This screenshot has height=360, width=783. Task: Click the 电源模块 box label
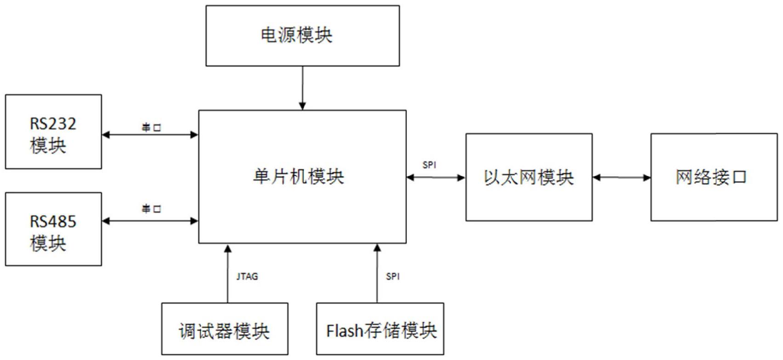tap(297, 35)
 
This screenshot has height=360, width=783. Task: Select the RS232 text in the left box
tap(53, 124)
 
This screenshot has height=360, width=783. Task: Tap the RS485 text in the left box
tap(53, 222)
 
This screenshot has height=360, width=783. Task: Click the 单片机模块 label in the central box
tap(298, 177)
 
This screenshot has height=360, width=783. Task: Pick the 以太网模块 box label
tap(529, 177)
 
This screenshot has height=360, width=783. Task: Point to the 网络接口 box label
tap(711, 177)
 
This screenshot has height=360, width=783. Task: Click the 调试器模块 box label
tap(224, 331)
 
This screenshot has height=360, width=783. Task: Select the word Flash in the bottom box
tap(344, 331)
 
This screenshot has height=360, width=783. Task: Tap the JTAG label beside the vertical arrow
tap(247, 276)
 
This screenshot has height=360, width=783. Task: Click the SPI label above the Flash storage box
tap(393, 276)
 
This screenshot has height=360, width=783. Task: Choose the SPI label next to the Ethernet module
tap(429, 165)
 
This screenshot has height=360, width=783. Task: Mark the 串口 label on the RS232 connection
tap(151, 127)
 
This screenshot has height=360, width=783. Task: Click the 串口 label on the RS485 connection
tap(151, 209)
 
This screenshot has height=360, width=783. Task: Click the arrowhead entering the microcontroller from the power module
tap(302, 106)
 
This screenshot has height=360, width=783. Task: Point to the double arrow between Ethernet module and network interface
tap(622, 177)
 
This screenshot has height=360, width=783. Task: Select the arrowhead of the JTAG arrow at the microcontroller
tap(228, 249)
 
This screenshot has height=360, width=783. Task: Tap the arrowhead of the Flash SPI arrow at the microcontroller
tap(377, 249)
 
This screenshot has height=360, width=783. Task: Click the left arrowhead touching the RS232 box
tap(106, 135)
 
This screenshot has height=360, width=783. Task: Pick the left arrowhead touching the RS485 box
tap(106, 221)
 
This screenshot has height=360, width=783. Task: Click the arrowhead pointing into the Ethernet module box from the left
tap(462, 177)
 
